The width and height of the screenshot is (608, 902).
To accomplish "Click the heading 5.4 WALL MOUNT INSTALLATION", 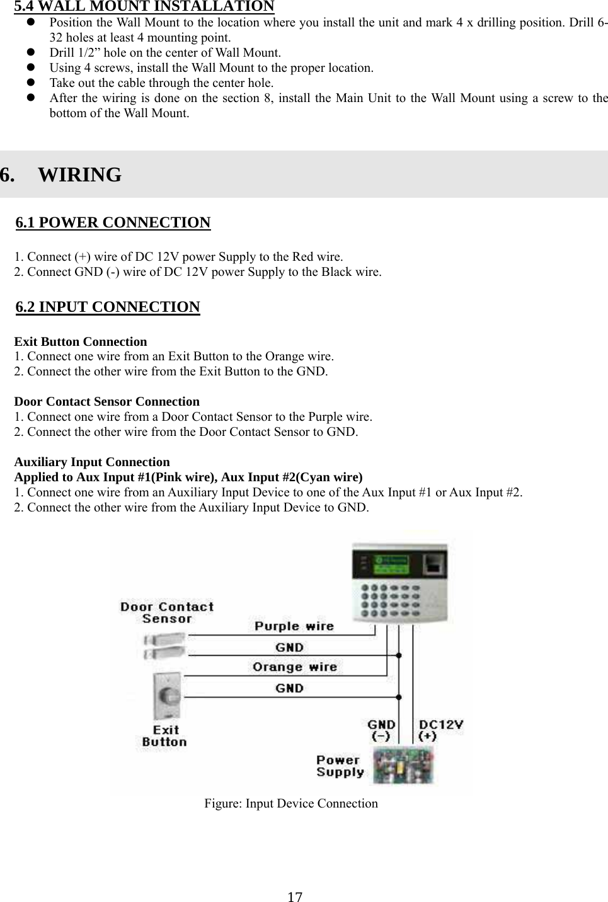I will coord(144,7).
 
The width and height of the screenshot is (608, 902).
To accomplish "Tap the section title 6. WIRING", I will coord(61,174).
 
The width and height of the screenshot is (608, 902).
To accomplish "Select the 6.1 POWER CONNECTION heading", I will coord(113,223).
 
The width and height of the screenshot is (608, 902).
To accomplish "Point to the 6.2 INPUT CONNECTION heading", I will coord(108,307).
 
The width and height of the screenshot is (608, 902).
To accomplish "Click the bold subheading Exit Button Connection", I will coord(81,341).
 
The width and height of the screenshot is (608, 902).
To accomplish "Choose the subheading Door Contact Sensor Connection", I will coord(106,401).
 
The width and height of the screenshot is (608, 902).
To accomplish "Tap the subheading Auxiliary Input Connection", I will coord(92,462).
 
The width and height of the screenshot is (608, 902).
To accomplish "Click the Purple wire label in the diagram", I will coord(294,626).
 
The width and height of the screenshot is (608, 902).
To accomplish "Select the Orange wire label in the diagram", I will coord(294,667).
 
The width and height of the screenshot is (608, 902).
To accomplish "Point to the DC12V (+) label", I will coord(440,730).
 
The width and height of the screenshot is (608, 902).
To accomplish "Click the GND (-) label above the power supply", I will coord(381,730).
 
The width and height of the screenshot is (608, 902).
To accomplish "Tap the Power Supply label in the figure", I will coord(340,766).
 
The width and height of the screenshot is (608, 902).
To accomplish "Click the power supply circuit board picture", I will coord(403,765).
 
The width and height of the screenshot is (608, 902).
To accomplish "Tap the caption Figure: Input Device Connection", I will coord(290,803).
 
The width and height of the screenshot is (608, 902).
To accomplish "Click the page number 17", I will coord(295,897).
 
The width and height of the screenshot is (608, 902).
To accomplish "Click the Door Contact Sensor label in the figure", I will coord(167,612).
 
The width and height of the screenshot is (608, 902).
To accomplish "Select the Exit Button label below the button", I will coord(164,736).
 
